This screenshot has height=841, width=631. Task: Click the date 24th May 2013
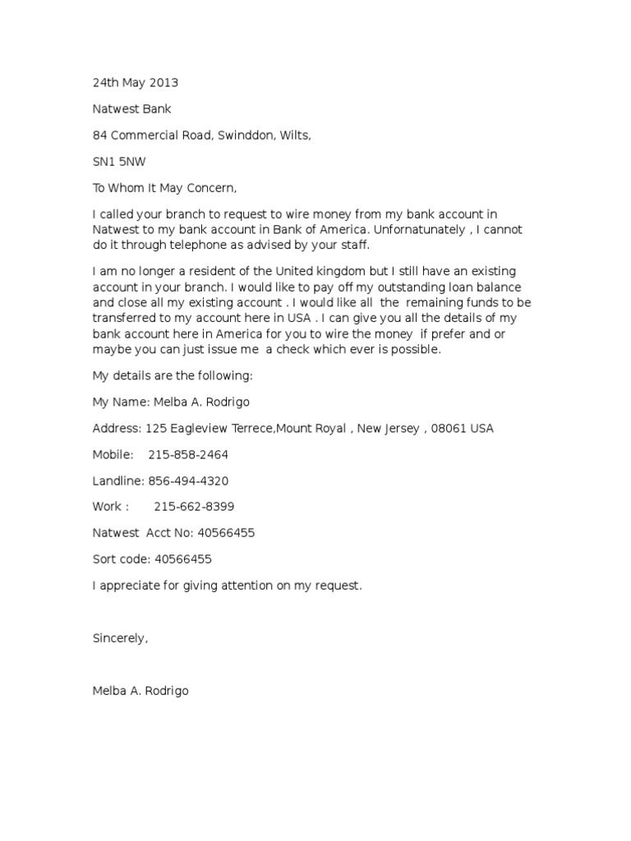coord(135,83)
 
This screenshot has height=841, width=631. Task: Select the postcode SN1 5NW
coord(118,163)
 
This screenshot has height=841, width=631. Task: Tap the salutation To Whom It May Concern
coord(164,189)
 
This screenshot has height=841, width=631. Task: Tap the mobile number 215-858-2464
coord(188,454)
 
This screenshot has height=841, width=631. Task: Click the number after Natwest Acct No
coord(226,533)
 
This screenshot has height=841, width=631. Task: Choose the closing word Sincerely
coord(120,638)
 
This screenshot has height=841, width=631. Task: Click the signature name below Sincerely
coord(140,691)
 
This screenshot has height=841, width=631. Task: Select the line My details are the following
coord(173,375)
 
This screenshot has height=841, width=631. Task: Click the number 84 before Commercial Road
coord(99,136)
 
